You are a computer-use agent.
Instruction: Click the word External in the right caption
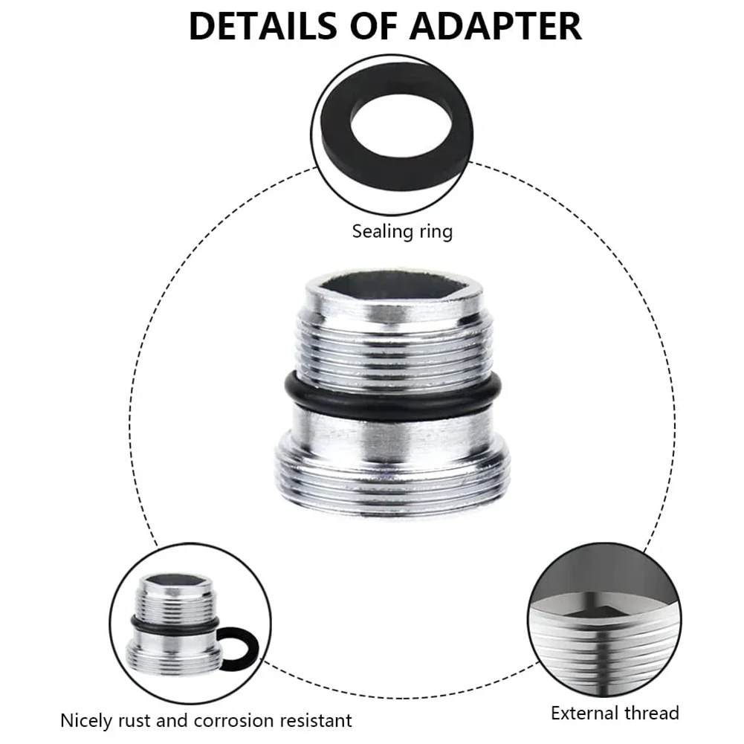pos(582,714)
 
